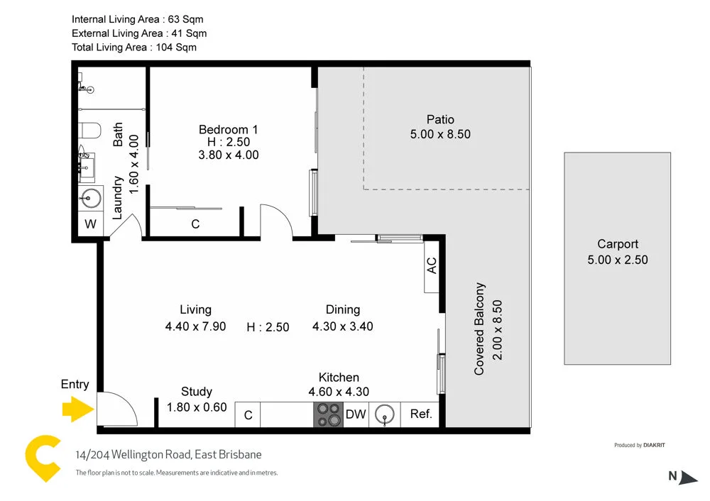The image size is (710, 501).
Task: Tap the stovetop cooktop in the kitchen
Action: coord(328,414)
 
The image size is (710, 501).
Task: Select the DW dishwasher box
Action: coord(356,414)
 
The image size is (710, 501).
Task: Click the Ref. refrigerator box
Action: coord(421,414)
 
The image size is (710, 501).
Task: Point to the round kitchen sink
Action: coord(384,414)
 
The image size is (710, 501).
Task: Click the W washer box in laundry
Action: coord(90,225)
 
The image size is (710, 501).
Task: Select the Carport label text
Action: coord(617,243)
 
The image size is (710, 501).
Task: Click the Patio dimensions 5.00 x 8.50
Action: coord(440,134)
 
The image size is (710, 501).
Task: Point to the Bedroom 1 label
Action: coord(228,129)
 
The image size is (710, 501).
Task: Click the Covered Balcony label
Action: coord(480,329)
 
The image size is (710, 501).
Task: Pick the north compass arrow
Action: coord(688,478)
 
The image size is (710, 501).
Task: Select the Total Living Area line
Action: coord(134,48)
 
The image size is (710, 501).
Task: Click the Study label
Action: coord(197,392)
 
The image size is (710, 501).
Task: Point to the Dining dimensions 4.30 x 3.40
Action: coord(342,326)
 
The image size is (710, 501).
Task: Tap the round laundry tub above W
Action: coord(91,198)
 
